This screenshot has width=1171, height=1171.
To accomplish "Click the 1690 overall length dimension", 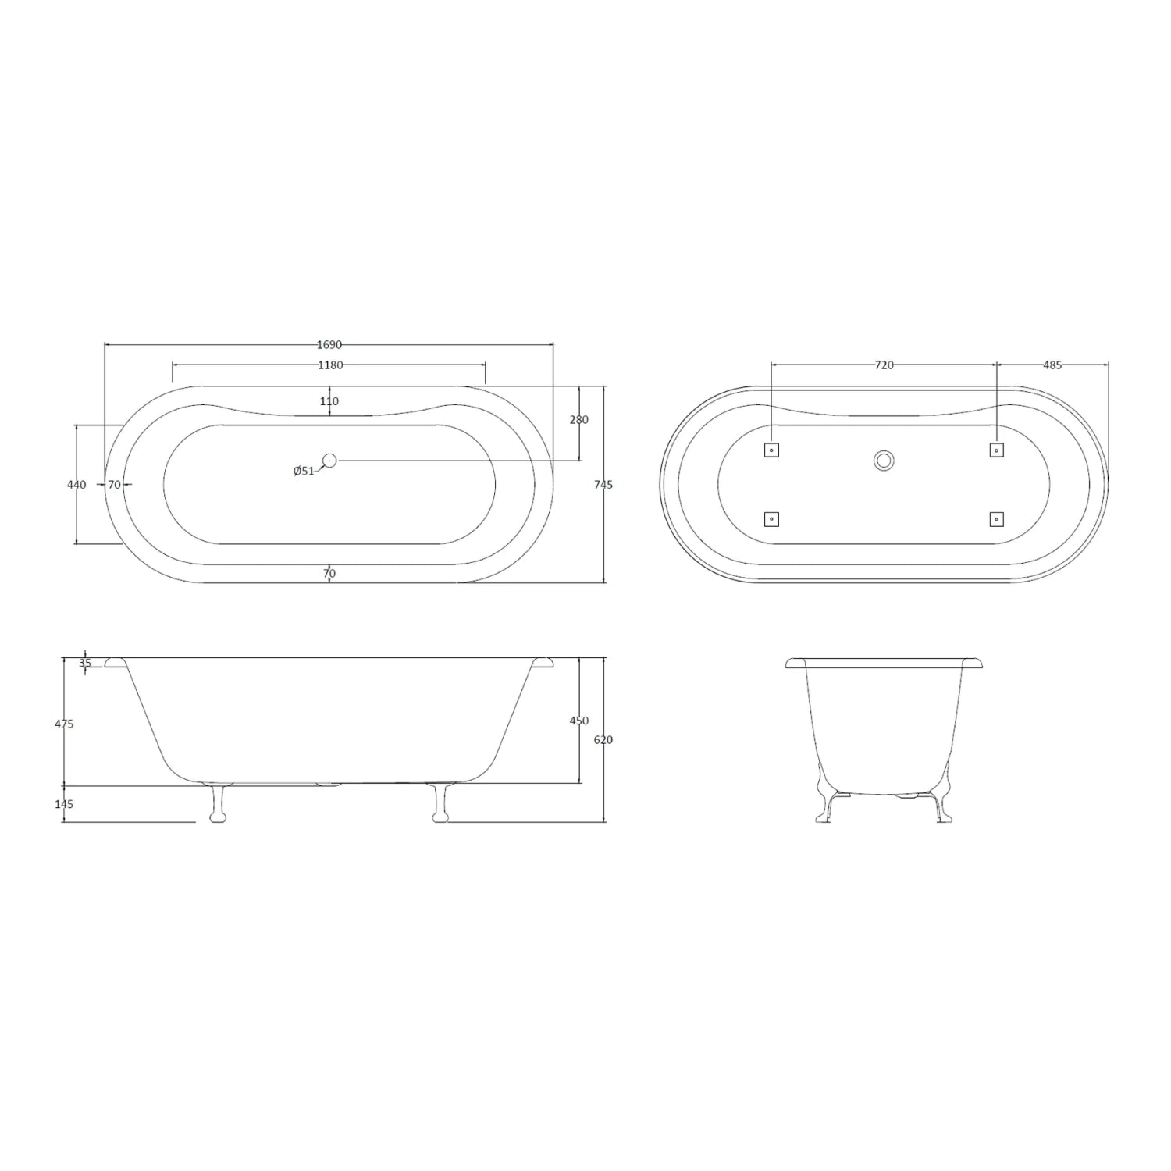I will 329,344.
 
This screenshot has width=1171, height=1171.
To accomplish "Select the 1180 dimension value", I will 329,365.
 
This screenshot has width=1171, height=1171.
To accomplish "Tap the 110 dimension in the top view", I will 329,401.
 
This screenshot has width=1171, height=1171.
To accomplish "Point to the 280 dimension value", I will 578,420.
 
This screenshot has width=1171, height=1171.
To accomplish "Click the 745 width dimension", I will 603,485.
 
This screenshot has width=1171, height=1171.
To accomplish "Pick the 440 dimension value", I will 77,485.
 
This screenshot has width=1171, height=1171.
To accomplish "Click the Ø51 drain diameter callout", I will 304,471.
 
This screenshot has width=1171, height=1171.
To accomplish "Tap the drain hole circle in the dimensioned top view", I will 329,461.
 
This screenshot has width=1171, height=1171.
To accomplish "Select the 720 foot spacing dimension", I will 884,365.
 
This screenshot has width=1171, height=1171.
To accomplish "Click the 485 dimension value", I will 1052,365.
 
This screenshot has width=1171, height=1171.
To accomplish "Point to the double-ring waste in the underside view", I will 884,460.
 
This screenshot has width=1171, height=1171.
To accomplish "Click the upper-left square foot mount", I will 771,450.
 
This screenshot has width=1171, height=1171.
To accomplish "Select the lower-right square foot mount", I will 996,519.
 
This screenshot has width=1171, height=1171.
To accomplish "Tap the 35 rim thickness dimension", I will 85,664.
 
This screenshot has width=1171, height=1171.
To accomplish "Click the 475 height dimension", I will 65,724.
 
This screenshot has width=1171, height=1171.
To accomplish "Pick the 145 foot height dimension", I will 65,804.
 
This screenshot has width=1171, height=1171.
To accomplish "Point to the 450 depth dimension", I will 578,721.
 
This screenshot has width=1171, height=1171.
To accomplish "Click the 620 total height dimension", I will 603,739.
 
